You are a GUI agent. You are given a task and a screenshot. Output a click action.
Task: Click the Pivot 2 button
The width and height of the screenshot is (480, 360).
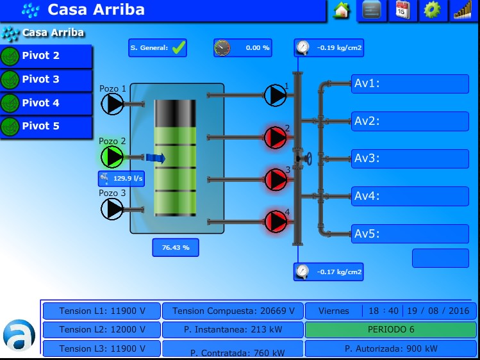point(46,56)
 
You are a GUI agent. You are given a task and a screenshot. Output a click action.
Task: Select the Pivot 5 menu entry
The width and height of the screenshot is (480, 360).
point(46,126)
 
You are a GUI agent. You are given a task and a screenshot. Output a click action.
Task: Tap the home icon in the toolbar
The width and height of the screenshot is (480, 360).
point(342,10)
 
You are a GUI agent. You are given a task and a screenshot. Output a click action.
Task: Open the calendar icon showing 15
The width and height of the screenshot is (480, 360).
point(402,10)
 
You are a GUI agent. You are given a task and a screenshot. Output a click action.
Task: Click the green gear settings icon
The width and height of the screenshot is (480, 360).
point(432,10)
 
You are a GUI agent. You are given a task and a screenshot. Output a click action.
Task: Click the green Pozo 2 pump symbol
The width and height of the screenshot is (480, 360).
point(112,157)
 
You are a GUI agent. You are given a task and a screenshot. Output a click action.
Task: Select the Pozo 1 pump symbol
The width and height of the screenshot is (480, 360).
point(112,104)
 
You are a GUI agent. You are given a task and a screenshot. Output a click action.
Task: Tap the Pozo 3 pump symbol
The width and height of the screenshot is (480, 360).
point(112,209)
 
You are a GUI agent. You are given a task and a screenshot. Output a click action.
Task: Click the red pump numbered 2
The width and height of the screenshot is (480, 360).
point(276,138)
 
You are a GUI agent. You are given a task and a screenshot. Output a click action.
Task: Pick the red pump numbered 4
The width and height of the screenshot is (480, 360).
point(276,222)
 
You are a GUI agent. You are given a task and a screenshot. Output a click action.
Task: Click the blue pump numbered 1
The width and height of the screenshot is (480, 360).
point(275,95)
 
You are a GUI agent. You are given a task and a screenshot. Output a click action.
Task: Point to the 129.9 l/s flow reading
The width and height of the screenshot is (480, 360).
point(121,179)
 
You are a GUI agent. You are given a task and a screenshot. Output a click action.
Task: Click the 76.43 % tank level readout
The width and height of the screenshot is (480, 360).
point(176,247)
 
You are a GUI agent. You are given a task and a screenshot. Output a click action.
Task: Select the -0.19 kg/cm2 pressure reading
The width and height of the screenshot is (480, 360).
point(329,47)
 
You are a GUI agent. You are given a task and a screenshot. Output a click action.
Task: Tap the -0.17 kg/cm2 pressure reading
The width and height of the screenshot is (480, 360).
point(329,272)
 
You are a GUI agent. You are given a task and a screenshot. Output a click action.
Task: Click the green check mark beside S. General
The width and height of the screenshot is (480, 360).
point(178,47)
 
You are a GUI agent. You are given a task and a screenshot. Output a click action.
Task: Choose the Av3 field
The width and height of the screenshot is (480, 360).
point(410,159)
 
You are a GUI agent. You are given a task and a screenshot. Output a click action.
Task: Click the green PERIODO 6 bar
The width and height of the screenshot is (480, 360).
point(391,329)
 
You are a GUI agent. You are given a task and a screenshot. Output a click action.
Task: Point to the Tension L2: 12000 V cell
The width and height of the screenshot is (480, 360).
point(102,329)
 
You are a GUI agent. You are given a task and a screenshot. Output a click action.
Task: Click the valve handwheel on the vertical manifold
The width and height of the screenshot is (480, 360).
point(309,159)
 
